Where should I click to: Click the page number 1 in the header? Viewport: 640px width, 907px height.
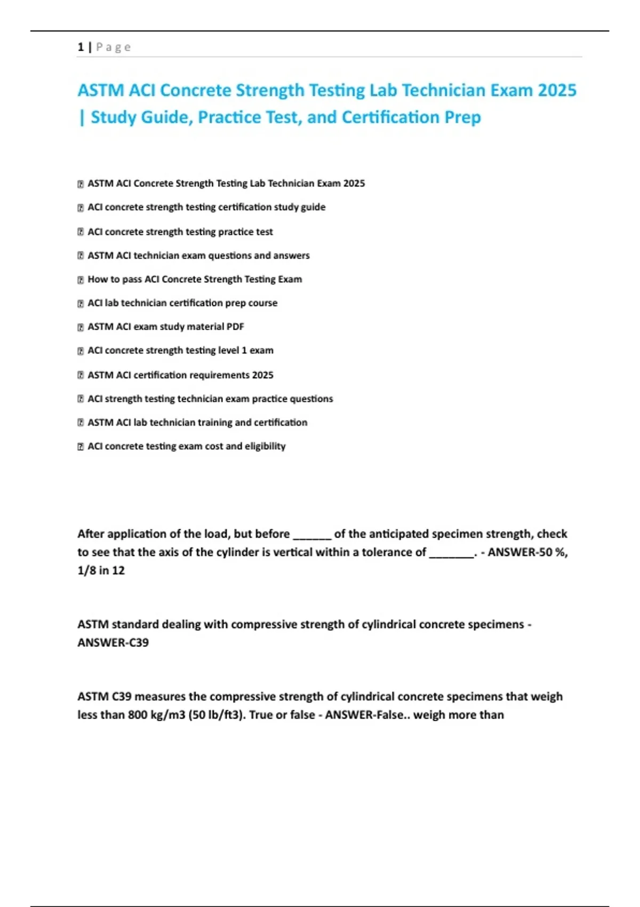pos(81,47)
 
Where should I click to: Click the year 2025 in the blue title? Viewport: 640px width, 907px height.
pos(557,90)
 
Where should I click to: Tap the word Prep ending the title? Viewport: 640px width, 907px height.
pos(462,117)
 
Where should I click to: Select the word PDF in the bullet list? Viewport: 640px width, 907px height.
pos(235,327)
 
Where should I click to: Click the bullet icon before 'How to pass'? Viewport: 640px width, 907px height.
pos(81,280)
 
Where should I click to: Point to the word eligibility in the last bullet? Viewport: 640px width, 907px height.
pos(265,446)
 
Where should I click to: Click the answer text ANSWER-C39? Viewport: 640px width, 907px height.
pos(113,642)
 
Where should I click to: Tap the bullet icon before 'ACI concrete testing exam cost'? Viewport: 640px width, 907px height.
pos(81,447)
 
